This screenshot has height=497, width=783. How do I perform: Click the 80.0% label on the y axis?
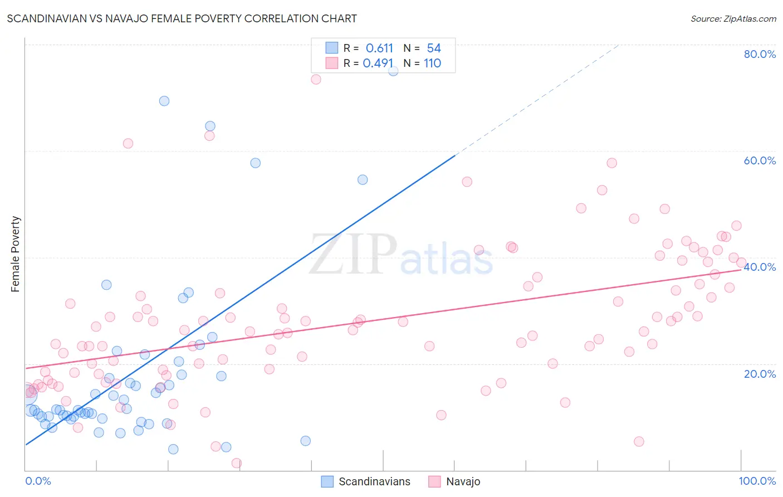click(760, 54)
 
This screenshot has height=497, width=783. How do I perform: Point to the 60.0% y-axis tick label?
click(760, 160)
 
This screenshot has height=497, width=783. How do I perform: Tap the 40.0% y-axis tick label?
click(760, 267)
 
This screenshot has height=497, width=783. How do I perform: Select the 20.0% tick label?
click(760, 374)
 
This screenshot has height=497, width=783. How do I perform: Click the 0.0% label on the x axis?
click(38, 481)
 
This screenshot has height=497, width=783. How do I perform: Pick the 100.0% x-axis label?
click(757, 481)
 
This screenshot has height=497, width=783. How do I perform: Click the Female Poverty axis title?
click(15, 254)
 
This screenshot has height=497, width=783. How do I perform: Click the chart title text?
click(182, 18)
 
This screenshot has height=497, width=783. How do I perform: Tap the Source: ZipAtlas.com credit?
click(733, 18)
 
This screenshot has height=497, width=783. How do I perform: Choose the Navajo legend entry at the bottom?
click(463, 481)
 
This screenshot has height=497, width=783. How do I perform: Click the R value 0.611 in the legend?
click(379, 48)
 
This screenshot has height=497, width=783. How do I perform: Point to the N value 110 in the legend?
click(432, 64)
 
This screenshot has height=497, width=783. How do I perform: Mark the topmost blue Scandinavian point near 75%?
click(393, 71)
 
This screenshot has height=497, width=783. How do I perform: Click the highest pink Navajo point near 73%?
click(316, 79)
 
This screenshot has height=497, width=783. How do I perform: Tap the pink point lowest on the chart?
click(236, 463)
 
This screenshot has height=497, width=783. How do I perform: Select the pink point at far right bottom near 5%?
click(639, 441)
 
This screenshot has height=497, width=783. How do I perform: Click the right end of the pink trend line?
click(741, 269)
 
